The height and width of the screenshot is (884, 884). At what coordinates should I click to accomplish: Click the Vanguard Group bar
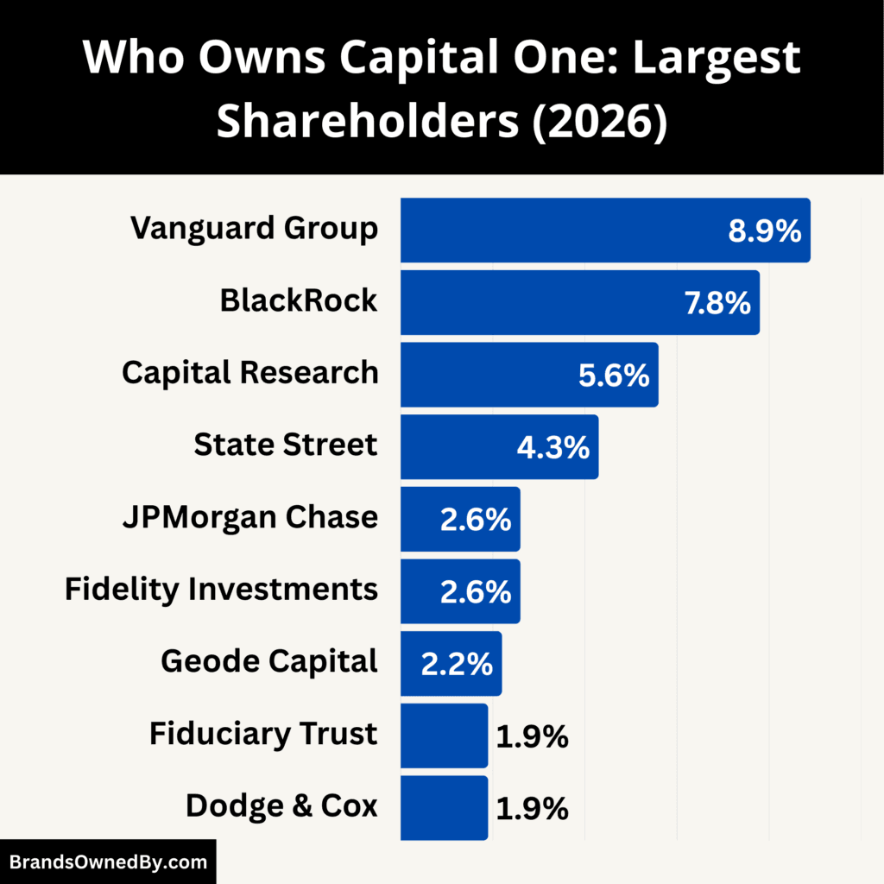[561, 230]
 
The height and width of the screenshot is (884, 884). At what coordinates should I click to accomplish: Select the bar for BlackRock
[535, 302]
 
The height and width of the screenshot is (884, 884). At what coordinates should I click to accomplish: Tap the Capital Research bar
[483, 375]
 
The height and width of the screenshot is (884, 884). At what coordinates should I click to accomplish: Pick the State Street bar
[458, 447]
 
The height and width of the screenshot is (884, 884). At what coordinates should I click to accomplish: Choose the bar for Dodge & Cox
[444, 808]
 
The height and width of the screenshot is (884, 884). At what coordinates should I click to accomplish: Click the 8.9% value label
[763, 231]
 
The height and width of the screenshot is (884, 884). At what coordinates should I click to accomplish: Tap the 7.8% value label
[716, 303]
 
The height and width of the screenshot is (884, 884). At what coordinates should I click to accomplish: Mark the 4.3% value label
[553, 447]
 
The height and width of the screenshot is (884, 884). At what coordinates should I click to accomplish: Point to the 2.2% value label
[457, 664]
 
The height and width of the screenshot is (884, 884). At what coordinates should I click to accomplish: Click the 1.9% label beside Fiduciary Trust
[532, 736]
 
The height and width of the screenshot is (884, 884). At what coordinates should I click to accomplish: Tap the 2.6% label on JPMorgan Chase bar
[475, 520]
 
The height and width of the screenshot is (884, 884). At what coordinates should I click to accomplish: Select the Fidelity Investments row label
[221, 590]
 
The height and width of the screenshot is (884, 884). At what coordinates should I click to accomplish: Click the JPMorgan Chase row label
[249, 517]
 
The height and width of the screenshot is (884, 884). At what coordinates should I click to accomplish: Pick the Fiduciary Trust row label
[263, 735]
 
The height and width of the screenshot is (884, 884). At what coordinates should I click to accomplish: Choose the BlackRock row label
[298, 300]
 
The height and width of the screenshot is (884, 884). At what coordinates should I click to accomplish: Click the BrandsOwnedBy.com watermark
[108, 862]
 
